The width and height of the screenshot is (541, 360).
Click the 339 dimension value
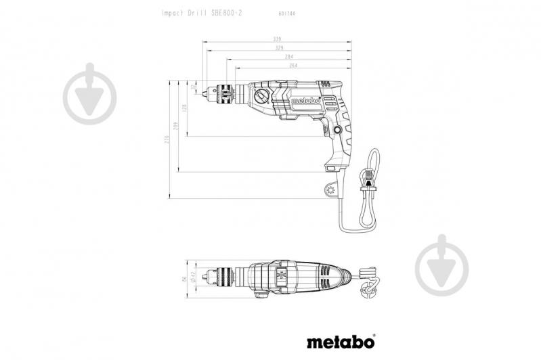[277, 40]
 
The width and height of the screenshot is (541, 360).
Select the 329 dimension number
[277, 49]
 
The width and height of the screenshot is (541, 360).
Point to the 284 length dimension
[288, 57]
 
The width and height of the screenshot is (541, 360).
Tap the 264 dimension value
[294, 66]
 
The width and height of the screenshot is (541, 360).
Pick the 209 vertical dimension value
[175, 125]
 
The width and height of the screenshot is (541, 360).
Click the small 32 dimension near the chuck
[194, 88]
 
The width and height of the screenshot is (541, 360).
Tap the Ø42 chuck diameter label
[193, 276]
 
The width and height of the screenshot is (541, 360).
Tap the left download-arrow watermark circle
[89, 95]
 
